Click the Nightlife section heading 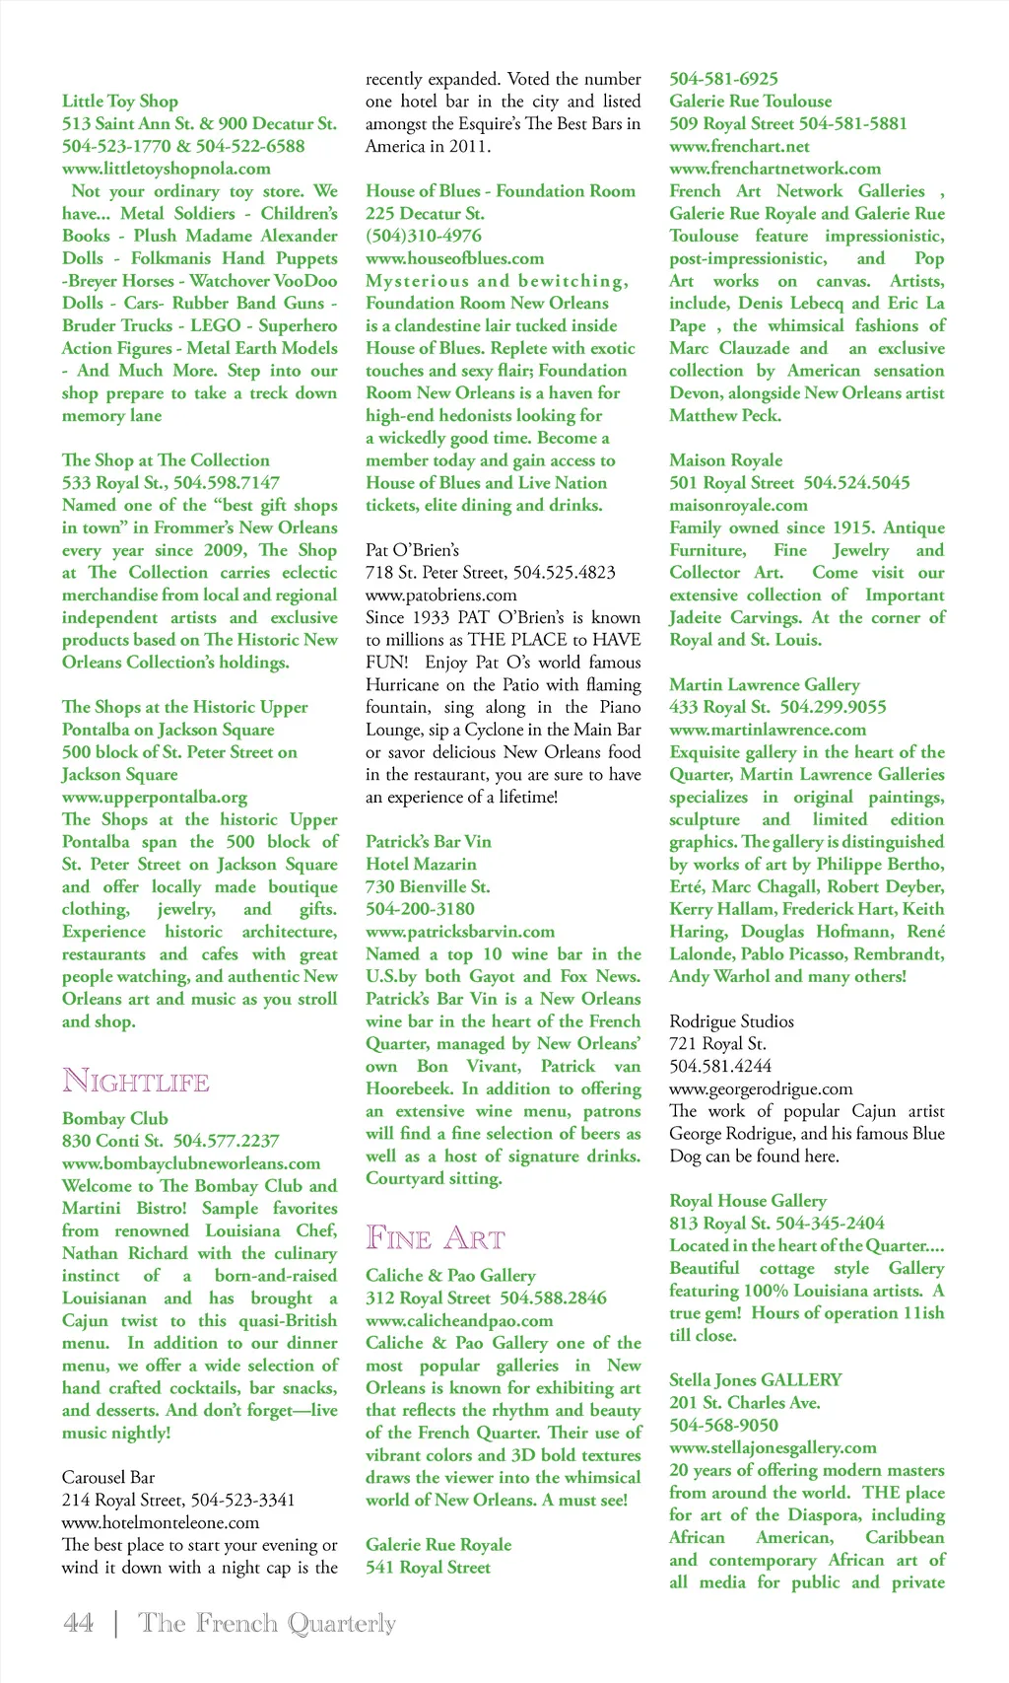[136, 1081]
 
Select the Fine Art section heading [435, 1237]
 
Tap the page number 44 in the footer [78, 1622]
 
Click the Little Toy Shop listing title [120, 101]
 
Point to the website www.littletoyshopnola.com [166, 169]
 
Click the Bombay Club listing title [114, 1118]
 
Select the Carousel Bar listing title [107, 1477]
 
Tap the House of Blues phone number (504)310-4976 [424, 236]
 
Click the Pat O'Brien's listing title [412, 550]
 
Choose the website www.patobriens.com [440, 595]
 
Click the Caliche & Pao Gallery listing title [450, 1275]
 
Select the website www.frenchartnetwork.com [774, 169]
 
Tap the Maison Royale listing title [725, 460]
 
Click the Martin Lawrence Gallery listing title [764, 684]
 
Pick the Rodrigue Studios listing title [731, 1021]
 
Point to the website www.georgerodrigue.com [761, 1088]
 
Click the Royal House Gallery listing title [747, 1201]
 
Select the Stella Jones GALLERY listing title [755, 1380]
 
